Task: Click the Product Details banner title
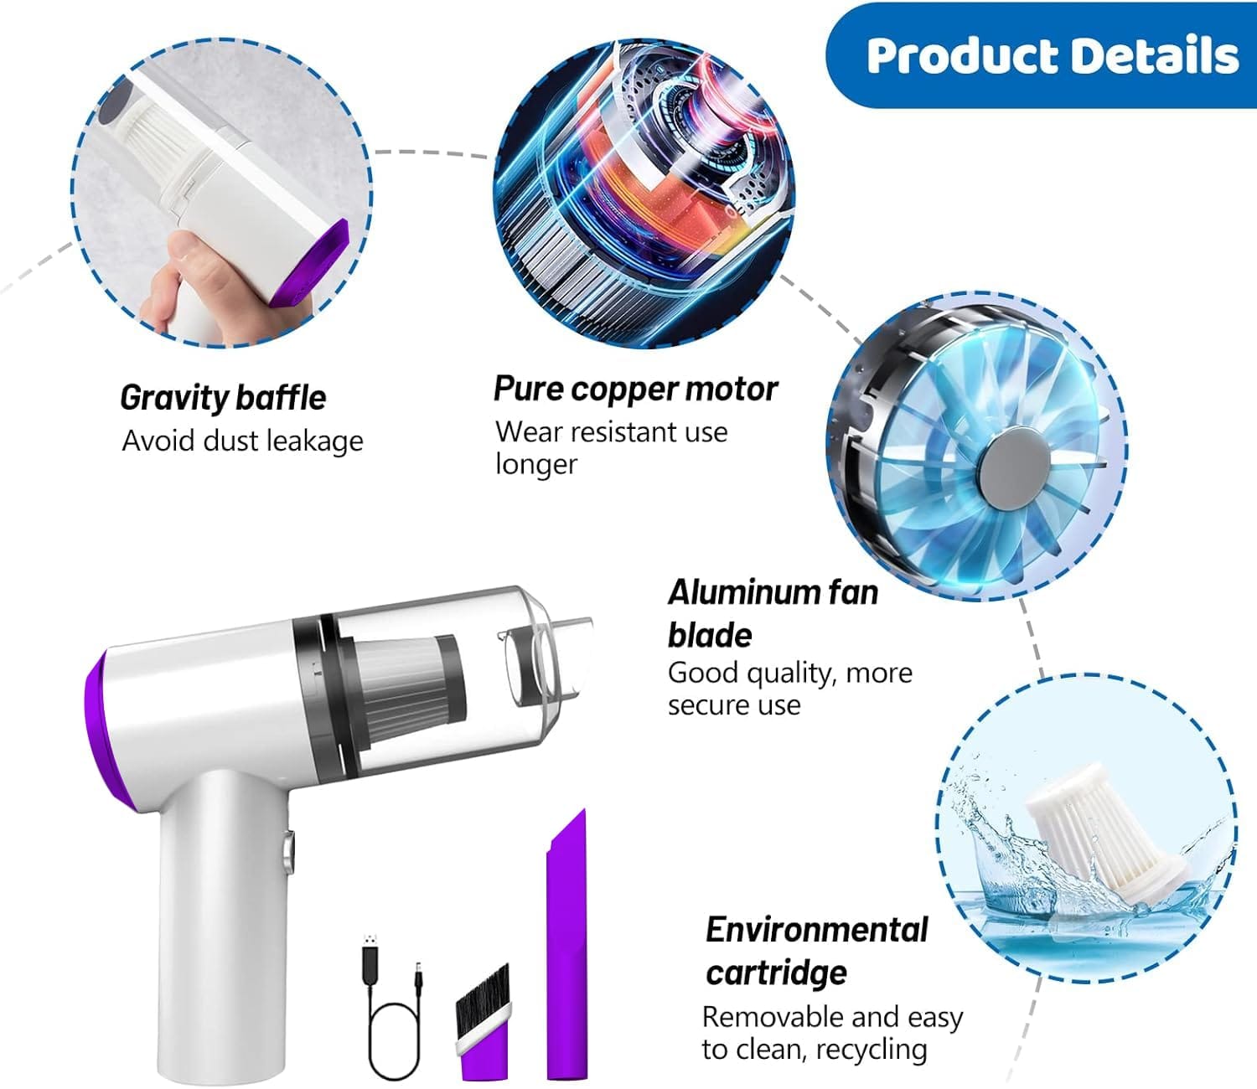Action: (1052, 55)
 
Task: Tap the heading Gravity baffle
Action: (223, 398)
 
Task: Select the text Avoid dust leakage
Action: (242, 441)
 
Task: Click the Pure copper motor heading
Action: (635, 389)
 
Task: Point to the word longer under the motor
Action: (535, 465)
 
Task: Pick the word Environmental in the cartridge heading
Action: (816, 929)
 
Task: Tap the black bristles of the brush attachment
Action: (482, 1001)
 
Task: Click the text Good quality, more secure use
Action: (790, 689)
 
